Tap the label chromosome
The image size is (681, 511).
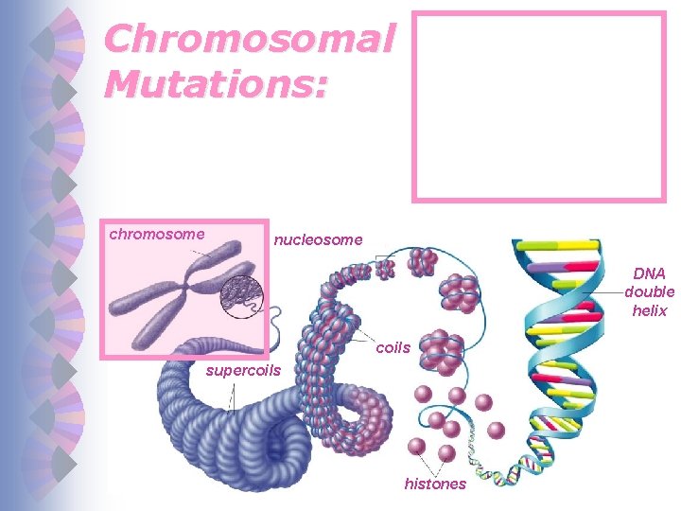157,233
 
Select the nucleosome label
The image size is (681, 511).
318,240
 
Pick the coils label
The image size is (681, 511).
393,347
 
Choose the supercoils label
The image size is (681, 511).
243,370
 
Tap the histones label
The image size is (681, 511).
435,484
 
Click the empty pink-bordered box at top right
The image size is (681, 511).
539,107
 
